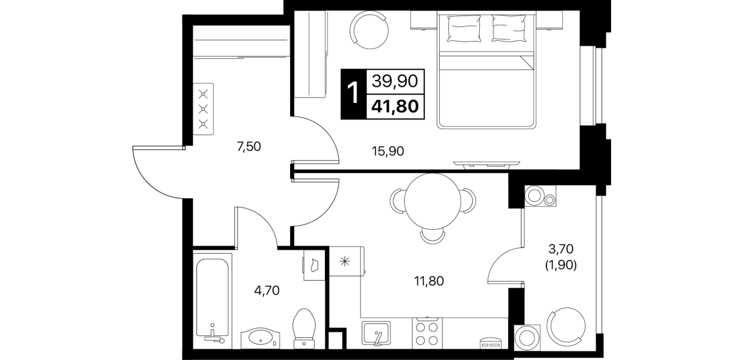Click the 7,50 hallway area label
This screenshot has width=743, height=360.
[x=249, y=146]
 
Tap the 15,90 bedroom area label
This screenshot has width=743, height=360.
[x=388, y=151]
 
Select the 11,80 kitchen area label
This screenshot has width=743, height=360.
[x=428, y=281]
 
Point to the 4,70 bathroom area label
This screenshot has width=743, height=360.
[x=267, y=291]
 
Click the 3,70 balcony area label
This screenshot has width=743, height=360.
[x=561, y=248]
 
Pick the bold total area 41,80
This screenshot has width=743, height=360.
[x=395, y=106]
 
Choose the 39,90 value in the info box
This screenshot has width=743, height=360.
[x=395, y=81]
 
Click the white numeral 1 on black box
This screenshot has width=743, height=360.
[x=354, y=93]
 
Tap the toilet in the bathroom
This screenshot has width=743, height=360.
[x=304, y=329]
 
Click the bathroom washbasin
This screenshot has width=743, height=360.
[x=260, y=338]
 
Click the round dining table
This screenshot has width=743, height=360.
[x=432, y=201]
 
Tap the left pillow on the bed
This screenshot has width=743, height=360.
[x=464, y=29]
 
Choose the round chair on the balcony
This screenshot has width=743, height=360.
[x=566, y=326]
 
